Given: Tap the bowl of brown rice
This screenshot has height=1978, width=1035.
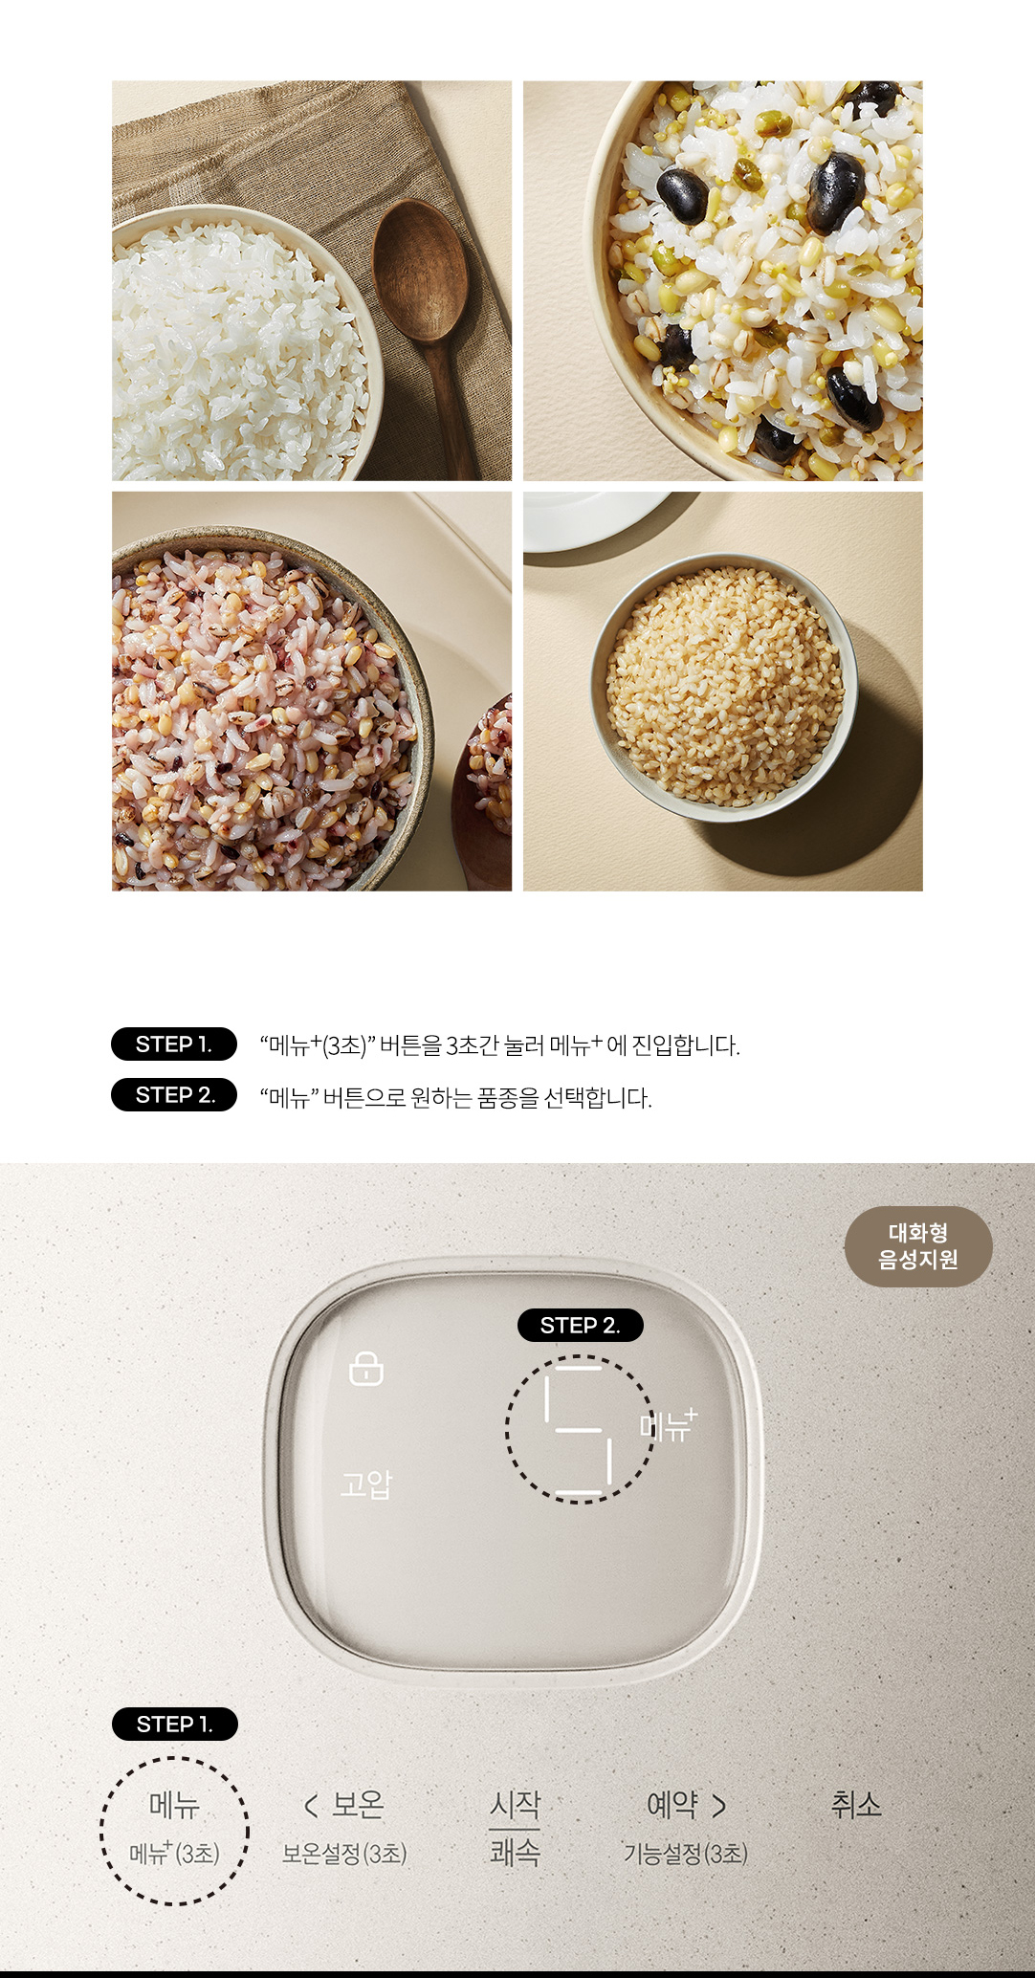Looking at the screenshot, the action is (723, 687).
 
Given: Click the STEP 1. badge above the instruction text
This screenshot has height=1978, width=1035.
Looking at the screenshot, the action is (174, 1044).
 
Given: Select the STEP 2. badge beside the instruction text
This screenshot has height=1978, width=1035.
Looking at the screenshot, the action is (174, 1094).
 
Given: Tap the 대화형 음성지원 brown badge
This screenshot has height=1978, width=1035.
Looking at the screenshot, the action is (918, 1246).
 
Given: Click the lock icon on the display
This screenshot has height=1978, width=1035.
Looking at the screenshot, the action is (366, 1369).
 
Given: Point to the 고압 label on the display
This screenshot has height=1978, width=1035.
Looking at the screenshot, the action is (366, 1484).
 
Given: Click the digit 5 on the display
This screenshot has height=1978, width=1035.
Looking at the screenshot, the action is (578, 1430).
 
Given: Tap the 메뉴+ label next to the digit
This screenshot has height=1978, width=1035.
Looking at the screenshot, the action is (669, 1426).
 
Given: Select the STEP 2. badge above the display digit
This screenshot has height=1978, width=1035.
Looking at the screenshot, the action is (580, 1325).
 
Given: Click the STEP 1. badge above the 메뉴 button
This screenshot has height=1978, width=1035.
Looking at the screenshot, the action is (175, 1724).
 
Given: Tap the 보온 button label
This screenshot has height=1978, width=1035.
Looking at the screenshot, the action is (358, 1804).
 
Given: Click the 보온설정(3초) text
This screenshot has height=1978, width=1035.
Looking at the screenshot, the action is (344, 1854).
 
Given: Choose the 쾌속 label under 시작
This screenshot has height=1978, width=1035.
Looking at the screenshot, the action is (515, 1853).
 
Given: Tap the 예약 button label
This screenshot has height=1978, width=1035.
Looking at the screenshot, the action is (672, 1805).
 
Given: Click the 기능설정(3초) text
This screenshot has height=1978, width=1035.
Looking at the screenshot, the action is (686, 1854).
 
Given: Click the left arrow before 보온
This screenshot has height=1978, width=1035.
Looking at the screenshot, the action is (310, 1806).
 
